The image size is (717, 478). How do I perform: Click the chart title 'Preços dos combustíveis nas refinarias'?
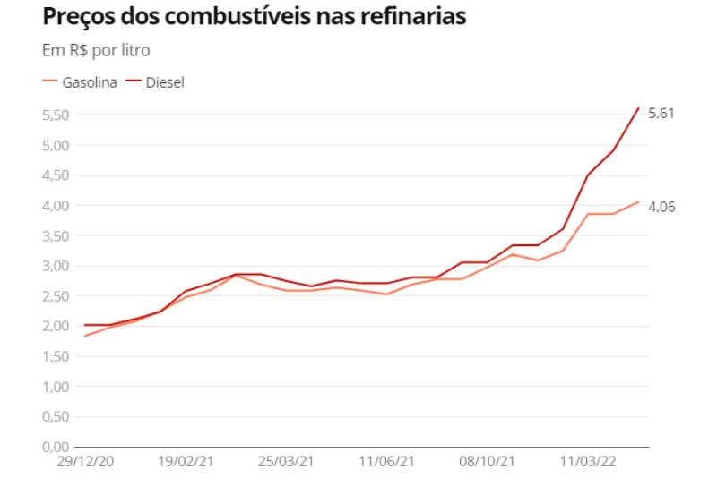coord(255,17)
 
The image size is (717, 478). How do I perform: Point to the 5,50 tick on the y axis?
coord(56,115)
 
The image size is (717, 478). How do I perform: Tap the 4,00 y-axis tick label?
coord(56,205)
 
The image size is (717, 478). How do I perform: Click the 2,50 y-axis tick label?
coord(56,295)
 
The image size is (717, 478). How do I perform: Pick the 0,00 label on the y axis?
coord(56,446)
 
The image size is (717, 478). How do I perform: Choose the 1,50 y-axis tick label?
coord(56,355)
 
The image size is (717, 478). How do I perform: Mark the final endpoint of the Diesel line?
coord(638,108)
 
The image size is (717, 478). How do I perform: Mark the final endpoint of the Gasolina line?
coord(638,201)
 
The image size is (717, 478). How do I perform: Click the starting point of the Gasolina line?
coord(84,336)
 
